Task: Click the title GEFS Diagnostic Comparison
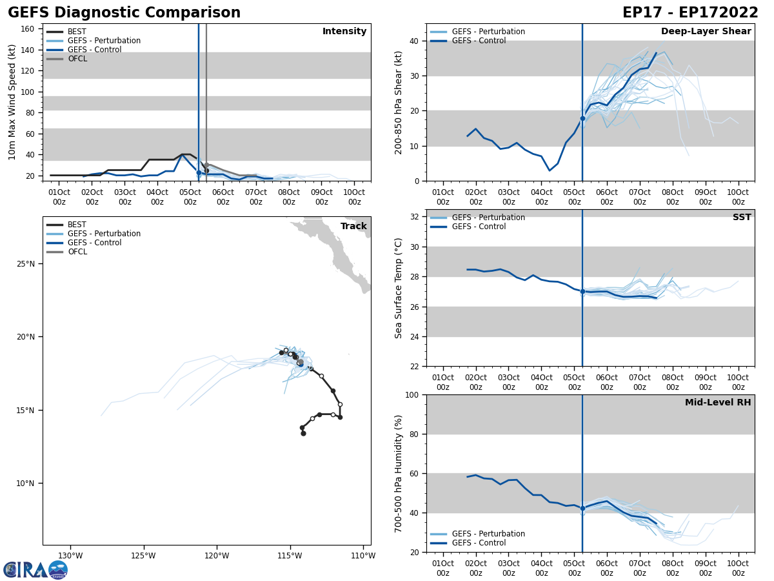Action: coord(124,13)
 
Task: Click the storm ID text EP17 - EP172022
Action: coord(690,13)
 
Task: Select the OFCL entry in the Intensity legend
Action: coord(77,59)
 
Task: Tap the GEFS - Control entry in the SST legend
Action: coord(479,227)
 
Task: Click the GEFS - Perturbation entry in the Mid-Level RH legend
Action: coord(488,534)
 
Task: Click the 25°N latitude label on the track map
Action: coord(25,263)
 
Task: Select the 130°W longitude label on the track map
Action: coord(70,556)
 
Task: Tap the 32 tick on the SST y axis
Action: coord(416,217)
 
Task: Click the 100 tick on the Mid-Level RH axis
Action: coord(413,394)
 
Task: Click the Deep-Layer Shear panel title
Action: coord(706,32)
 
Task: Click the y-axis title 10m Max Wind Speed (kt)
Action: coord(12,102)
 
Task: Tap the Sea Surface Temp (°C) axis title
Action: coord(399,288)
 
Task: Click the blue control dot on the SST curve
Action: coord(582,292)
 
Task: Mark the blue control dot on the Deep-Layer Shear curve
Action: coord(582,118)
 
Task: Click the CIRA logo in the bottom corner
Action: coord(35,569)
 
